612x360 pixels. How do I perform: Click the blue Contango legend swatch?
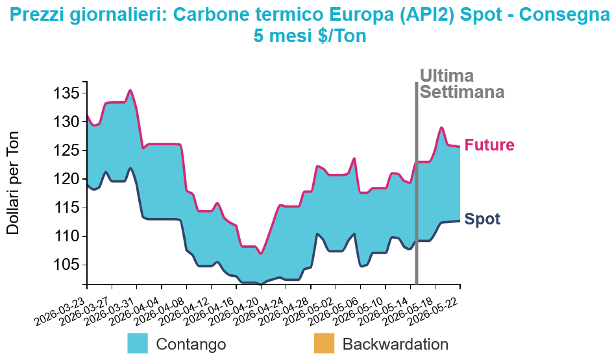[138, 343]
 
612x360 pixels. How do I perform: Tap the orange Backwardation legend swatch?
[324, 343]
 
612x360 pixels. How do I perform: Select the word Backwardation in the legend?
[395, 344]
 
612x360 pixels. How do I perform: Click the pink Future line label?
[489, 145]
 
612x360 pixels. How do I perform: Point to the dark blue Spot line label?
[482, 219]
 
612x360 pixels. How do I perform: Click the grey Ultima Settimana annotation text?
[462, 84]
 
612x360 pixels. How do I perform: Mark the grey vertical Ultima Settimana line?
[417, 183]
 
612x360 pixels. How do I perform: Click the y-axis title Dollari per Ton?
[13, 183]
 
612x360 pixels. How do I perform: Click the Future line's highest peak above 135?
[130, 90]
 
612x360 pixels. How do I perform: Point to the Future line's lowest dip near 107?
[261, 254]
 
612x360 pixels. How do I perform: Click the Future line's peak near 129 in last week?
[441, 127]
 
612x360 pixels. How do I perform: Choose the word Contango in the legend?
[191, 344]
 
